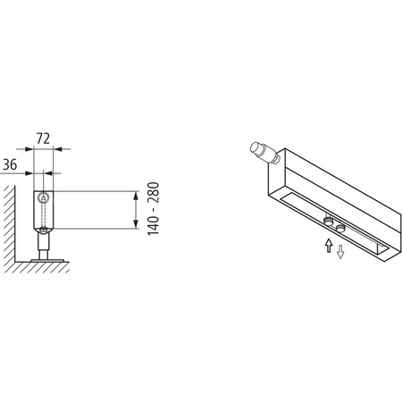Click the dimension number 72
41,140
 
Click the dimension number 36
11,163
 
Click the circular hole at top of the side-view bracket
42,197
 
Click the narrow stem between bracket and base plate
42,240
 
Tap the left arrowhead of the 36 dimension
29,172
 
